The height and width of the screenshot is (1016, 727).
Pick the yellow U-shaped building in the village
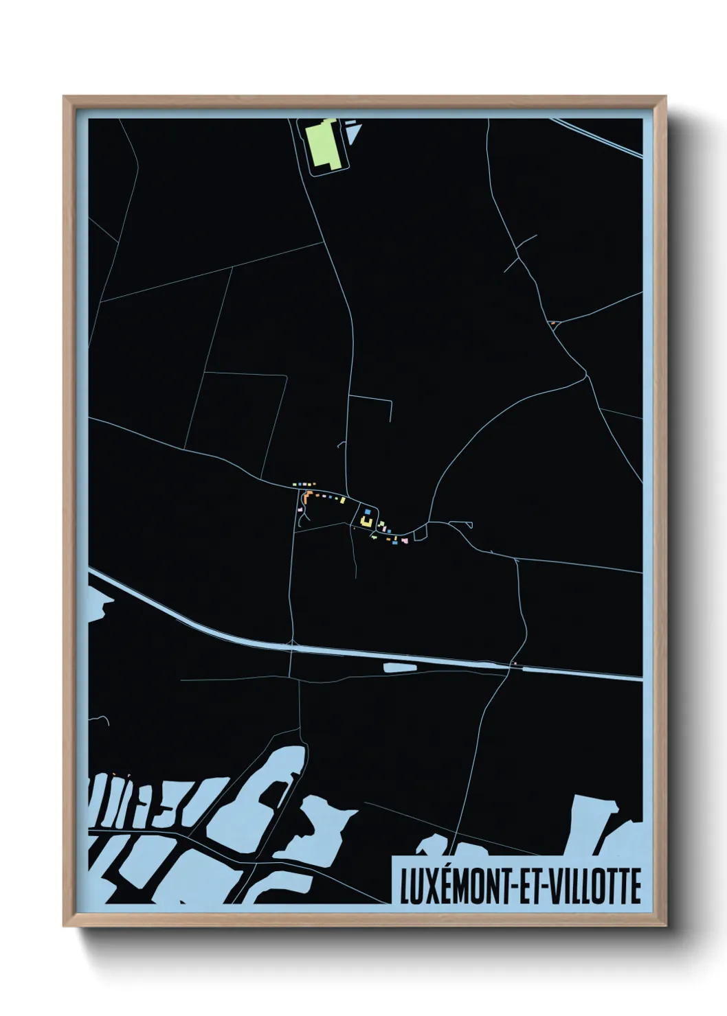tap(366, 523)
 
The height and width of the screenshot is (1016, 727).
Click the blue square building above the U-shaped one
tap(368, 511)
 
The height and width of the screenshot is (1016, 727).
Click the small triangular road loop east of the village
tap(420, 530)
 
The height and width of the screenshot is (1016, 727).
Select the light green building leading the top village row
tap(295, 485)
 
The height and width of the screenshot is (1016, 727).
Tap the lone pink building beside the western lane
tap(301, 509)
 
